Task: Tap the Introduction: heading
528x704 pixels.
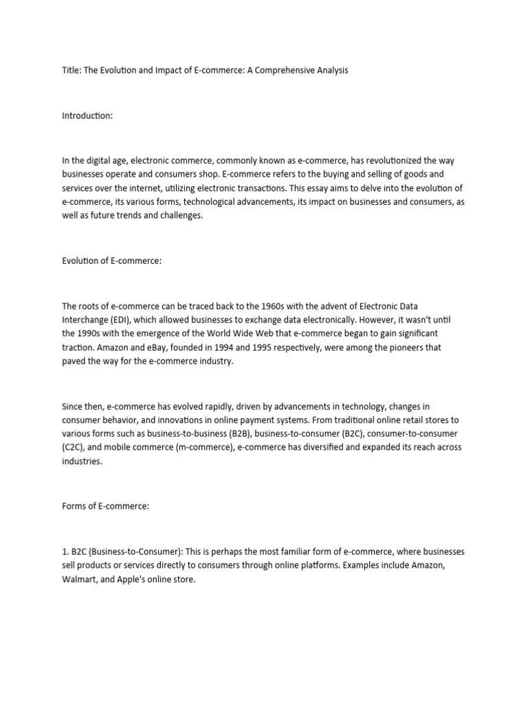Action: [87, 115]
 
